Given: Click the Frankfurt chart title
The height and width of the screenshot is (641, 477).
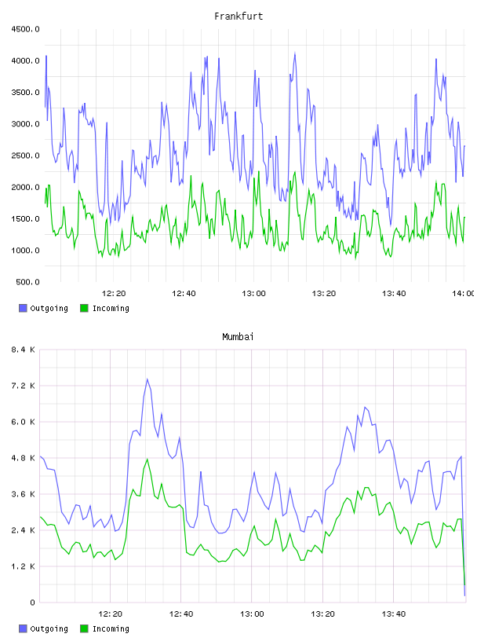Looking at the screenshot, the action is click(238, 16).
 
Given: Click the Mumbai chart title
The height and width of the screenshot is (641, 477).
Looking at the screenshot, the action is click(238, 337).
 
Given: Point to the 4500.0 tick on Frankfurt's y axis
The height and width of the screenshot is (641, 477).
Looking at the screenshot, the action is click(25, 29).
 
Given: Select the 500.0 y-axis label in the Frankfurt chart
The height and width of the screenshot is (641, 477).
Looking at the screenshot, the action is click(27, 282).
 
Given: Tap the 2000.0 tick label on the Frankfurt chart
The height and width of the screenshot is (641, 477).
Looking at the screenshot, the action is click(25, 187).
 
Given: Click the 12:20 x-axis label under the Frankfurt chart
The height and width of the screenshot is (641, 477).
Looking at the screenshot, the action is click(114, 293).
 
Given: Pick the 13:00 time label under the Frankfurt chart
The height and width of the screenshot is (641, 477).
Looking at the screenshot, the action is click(253, 293).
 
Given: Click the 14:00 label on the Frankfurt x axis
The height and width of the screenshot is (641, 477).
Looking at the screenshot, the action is click(464, 293).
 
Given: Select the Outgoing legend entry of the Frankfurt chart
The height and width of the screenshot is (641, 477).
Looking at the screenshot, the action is click(44, 308).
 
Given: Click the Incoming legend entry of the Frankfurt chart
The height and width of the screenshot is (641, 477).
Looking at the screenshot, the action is click(105, 308).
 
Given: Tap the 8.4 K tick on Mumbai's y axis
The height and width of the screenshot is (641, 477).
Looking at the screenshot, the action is click(24, 350).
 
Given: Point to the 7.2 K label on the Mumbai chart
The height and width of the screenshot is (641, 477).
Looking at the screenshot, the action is click(24, 386).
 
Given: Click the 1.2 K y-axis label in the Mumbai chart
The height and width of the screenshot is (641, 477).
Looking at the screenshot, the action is click(24, 566).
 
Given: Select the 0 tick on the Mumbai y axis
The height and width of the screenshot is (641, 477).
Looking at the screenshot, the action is click(32, 603).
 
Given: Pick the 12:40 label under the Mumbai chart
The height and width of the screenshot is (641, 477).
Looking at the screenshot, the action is click(181, 614).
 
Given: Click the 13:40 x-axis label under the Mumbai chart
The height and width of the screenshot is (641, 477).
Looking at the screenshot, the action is click(393, 614).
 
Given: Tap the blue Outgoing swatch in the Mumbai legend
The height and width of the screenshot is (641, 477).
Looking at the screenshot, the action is click(23, 628).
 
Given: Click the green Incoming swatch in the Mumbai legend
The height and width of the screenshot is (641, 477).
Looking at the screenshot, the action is click(84, 628).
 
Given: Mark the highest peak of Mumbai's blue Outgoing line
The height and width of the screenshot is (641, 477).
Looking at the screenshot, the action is click(147, 379).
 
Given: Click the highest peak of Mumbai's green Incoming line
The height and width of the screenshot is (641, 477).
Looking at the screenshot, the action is click(147, 459).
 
